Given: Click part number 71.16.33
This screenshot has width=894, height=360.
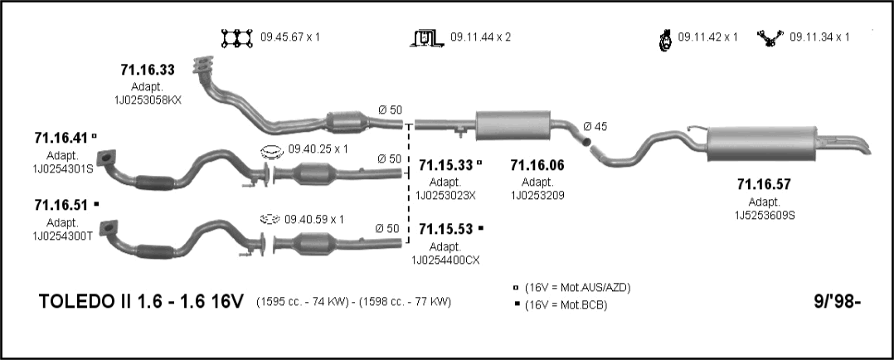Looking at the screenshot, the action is click(147, 71).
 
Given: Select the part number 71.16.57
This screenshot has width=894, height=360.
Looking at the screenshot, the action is click(764, 184).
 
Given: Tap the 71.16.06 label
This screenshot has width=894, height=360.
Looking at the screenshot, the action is click(537, 165).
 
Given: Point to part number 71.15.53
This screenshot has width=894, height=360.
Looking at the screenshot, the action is click(446, 229).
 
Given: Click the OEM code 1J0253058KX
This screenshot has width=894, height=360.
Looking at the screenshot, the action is click(148, 100).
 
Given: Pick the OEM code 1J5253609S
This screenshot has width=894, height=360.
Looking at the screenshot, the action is click(765, 215).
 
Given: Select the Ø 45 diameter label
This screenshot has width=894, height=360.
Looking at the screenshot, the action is click(595, 127).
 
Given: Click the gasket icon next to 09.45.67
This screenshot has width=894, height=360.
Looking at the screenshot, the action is click(237, 38).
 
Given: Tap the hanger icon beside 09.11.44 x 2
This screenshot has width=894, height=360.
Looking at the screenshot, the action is click(426, 38).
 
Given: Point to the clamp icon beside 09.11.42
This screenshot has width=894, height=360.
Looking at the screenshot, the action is click(665, 40).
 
